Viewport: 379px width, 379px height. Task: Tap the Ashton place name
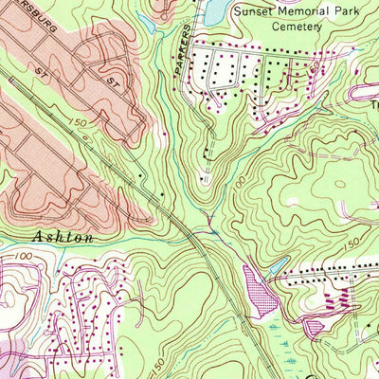(x=65, y=238)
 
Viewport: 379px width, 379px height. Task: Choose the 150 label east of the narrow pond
(x=352, y=245)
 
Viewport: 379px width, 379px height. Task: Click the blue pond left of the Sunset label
(x=215, y=10)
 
